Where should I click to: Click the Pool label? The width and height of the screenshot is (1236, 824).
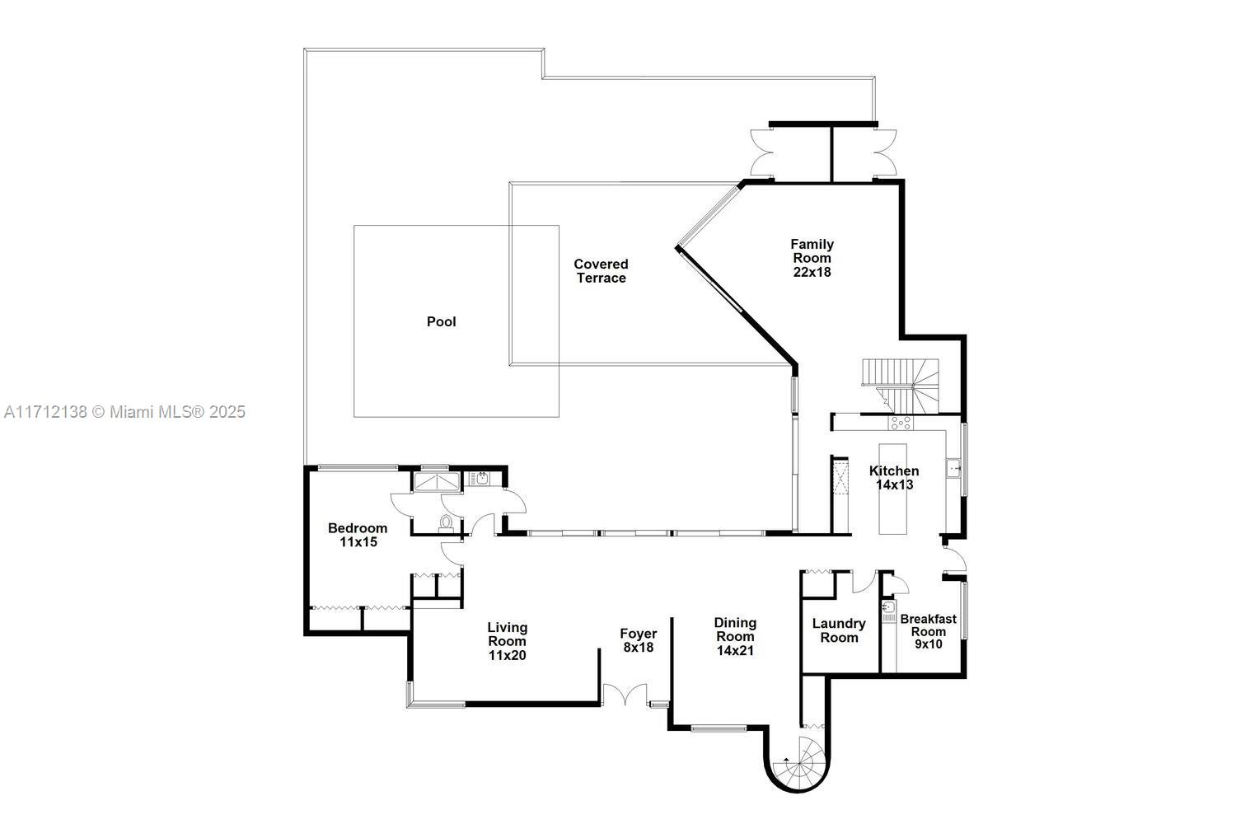pos(441,321)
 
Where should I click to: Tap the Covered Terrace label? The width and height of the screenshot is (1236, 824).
pos(601,271)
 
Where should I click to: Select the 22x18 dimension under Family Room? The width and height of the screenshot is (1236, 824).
pos(812,272)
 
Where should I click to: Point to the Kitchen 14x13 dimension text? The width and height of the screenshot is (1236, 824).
pos(894,485)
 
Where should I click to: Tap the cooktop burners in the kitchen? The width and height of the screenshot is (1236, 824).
pos(900,423)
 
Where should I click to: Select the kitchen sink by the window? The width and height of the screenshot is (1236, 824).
pos(954,469)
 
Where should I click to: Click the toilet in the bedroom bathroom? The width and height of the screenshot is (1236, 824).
pos(446,522)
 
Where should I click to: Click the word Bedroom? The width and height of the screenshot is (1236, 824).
pos(358,528)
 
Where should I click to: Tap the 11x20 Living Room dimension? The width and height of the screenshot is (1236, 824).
pos(507,656)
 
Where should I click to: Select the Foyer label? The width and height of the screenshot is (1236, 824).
pos(639,634)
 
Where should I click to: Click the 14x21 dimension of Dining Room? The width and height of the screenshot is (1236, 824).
pos(735,650)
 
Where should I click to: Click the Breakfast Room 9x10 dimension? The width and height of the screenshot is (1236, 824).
pos(928,644)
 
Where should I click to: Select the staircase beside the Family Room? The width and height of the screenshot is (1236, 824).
pos(902,383)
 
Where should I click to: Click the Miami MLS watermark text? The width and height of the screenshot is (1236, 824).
pos(124,412)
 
